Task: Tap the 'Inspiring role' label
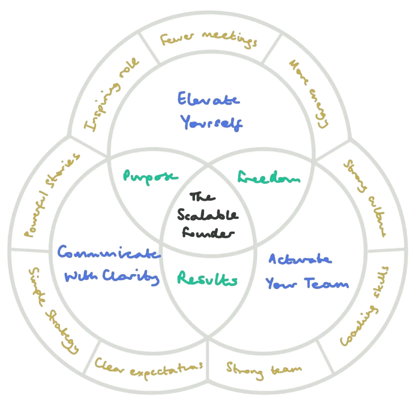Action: (x=111, y=94)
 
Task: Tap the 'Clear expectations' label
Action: (x=149, y=368)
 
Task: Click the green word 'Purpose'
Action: (x=150, y=177)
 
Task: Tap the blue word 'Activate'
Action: (x=300, y=259)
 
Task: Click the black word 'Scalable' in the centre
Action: (x=207, y=215)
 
